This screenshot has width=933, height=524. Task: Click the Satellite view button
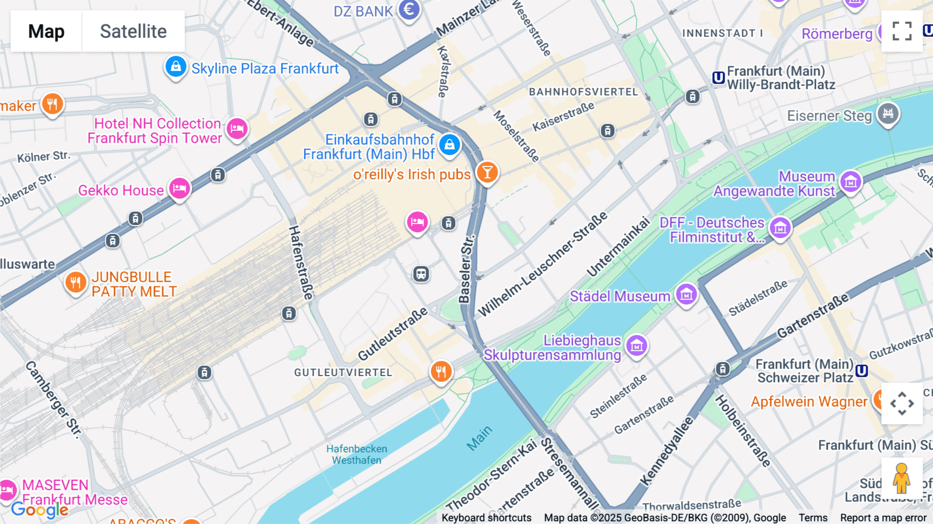(x=133, y=31)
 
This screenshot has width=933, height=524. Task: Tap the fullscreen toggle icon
(x=902, y=31)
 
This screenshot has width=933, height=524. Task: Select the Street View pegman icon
(x=901, y=478)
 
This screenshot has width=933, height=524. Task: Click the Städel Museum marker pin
(x=686, y=295)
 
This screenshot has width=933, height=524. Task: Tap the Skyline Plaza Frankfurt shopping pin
(x=176, y=67)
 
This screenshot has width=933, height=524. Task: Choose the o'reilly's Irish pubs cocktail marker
(x=487, y=172)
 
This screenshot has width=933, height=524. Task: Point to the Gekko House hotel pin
(x=179, y=188)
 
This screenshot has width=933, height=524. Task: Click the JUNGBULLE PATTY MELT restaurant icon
(x=76, y=283)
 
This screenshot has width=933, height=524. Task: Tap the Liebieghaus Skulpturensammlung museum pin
(x=637, y=345)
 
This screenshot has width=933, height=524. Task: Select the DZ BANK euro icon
(x=409, y=9)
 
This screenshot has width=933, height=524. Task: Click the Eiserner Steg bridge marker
(x=888, y=114)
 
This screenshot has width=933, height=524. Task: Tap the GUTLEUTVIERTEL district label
(x=343, y=373)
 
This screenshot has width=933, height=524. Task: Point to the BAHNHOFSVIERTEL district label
(x=583, y=92)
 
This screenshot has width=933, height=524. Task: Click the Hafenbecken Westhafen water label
(x=357, y=454)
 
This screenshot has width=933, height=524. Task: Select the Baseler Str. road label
(x=466, y=270)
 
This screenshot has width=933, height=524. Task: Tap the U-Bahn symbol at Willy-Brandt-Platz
(x=718, y=78)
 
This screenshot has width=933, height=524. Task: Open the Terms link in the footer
(x=813, y=517)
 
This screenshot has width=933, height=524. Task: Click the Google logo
(x=39, y=509)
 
